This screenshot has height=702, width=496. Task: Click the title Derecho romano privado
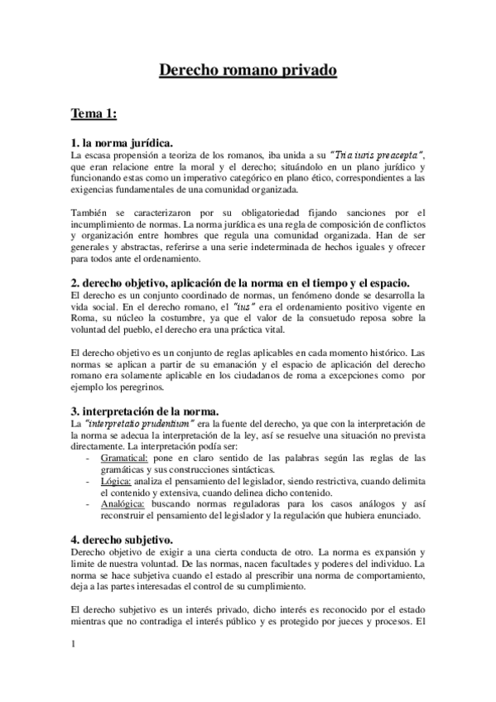click(x=248, y=72)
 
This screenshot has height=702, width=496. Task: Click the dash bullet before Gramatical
click(x=89, y=458)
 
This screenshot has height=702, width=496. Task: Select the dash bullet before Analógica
click(x=89, y=503)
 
